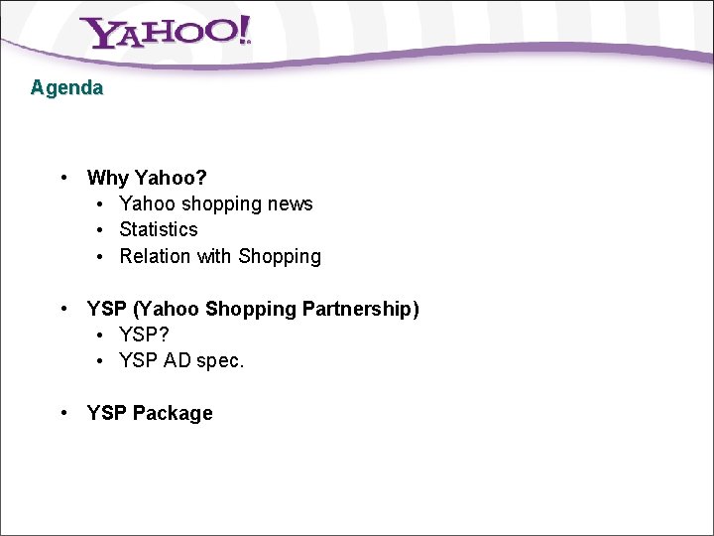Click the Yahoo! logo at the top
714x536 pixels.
point(166,33)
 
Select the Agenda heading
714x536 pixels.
point(66,87)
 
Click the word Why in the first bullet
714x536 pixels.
point(108,179)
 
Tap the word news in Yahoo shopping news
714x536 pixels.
point(292,204)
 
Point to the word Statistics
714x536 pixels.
point(159,230)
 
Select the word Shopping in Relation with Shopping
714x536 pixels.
point(280,257)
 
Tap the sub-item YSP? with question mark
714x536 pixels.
point(144,335)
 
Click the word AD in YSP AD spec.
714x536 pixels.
point(177,361)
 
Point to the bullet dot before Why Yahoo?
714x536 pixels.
point(63,178)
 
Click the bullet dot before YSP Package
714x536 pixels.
point(63,413)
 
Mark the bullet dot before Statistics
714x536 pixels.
point(102,230)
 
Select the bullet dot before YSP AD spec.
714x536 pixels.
point(102,361)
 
